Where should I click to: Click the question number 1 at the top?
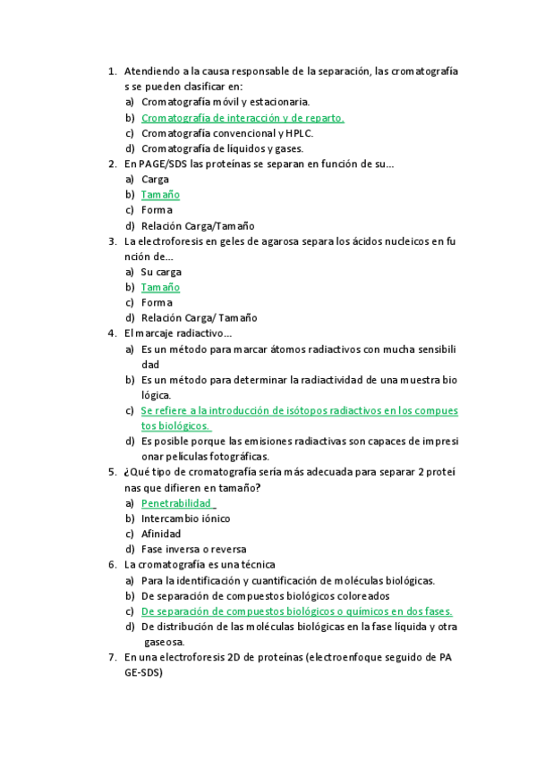point(111,71)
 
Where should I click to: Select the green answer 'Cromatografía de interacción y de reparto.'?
point(242,117)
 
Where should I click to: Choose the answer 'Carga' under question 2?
point(155,179)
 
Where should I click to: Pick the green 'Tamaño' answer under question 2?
point(160,195)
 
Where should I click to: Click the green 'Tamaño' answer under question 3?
point(160,287)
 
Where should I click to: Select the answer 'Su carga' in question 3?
point(161,272)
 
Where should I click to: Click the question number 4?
point(111,333)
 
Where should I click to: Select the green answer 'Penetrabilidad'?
point(176,503)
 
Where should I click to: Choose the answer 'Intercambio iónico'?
point(185,518)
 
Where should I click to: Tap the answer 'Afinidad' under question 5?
point(161,534)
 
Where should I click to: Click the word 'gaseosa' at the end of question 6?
point(164,642)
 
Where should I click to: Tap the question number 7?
point(111,657)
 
